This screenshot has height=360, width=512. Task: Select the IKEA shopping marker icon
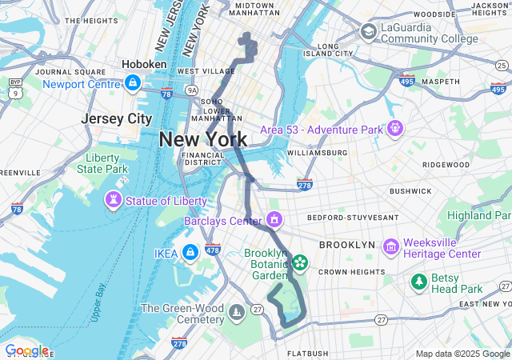click(x=190, y=253)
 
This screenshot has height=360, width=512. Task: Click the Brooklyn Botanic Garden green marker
click(x=300, y=262)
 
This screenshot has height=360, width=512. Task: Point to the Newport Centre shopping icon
click(x=133, y=82)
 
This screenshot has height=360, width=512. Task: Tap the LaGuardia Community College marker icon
click(x=369, y=32)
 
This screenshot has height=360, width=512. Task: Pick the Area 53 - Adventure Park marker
click(x=395, y=128)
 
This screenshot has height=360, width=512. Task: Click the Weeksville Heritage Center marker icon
click(x=391, y=247)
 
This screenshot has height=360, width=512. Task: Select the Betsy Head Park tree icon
click(x=418, y=282)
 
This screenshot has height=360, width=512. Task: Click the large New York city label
click(x=203, y=139)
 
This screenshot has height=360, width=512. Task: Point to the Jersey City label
click(x=117, y=118)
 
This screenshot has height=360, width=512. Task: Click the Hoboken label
click(x=144, y=64)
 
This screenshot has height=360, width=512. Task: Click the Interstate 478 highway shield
click(x=212, y=249)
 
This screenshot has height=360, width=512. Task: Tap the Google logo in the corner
click(x=26, y=350)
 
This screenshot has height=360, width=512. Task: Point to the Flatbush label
click(x=308, y=353)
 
